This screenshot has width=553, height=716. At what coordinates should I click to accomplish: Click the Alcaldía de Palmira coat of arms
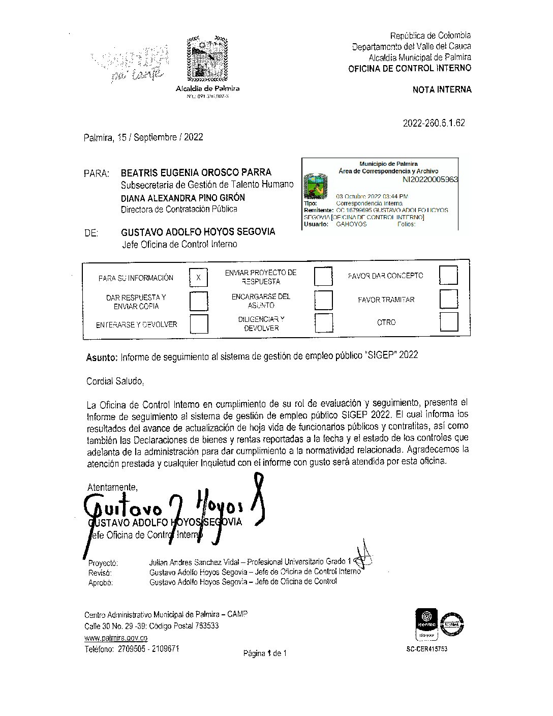[206, 59]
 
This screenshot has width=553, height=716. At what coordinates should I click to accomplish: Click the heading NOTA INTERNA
[442, 89]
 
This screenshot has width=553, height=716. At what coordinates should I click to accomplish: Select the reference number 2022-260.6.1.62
[434, 123]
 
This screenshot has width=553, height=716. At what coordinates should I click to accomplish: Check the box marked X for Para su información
[199, 278]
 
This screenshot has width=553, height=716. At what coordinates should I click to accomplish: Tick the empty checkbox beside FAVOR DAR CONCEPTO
[448, 276]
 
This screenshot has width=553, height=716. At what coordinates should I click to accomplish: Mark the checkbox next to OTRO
[448, 322]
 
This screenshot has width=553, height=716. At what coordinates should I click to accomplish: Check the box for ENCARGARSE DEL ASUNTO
[323, 300]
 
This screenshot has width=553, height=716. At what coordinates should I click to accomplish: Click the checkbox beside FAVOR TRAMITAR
[448, 300]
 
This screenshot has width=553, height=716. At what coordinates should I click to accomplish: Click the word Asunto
[102, 357]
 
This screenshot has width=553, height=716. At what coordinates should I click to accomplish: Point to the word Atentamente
[112, 486]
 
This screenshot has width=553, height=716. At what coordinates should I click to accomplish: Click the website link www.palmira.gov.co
[116, 638]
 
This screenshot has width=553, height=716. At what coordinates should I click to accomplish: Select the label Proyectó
[103, 563]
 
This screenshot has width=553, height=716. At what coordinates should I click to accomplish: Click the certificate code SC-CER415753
[427, 649]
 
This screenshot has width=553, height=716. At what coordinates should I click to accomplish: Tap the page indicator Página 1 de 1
[265, 653]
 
